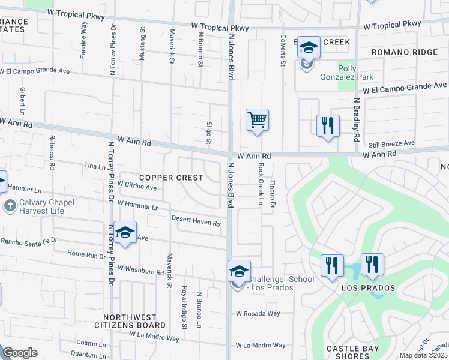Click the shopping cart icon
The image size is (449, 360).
click(x=257, y=119)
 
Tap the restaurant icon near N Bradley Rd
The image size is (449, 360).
click(x=328, y=126)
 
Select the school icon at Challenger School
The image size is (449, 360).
click(x=239, y=271)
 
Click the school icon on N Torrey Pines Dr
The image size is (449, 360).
click(x=125, y=233)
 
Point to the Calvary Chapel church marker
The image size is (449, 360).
click(x=10, y=206)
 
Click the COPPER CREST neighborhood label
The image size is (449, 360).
click(x=170, y=178)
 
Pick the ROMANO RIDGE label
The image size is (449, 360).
click(x=405, y=52)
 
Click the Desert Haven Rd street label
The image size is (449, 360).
click(x=196, y=221)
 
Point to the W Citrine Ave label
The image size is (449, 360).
click(x=137, y=187)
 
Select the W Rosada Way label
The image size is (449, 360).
click(x=258, y=313)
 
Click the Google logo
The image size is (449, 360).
click(x=20, y=353)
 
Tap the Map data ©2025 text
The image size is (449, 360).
click(x=424, y=355)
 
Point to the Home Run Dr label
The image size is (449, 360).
click(x=88, y=254)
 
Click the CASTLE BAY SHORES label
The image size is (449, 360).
click(x=352, y=352)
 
